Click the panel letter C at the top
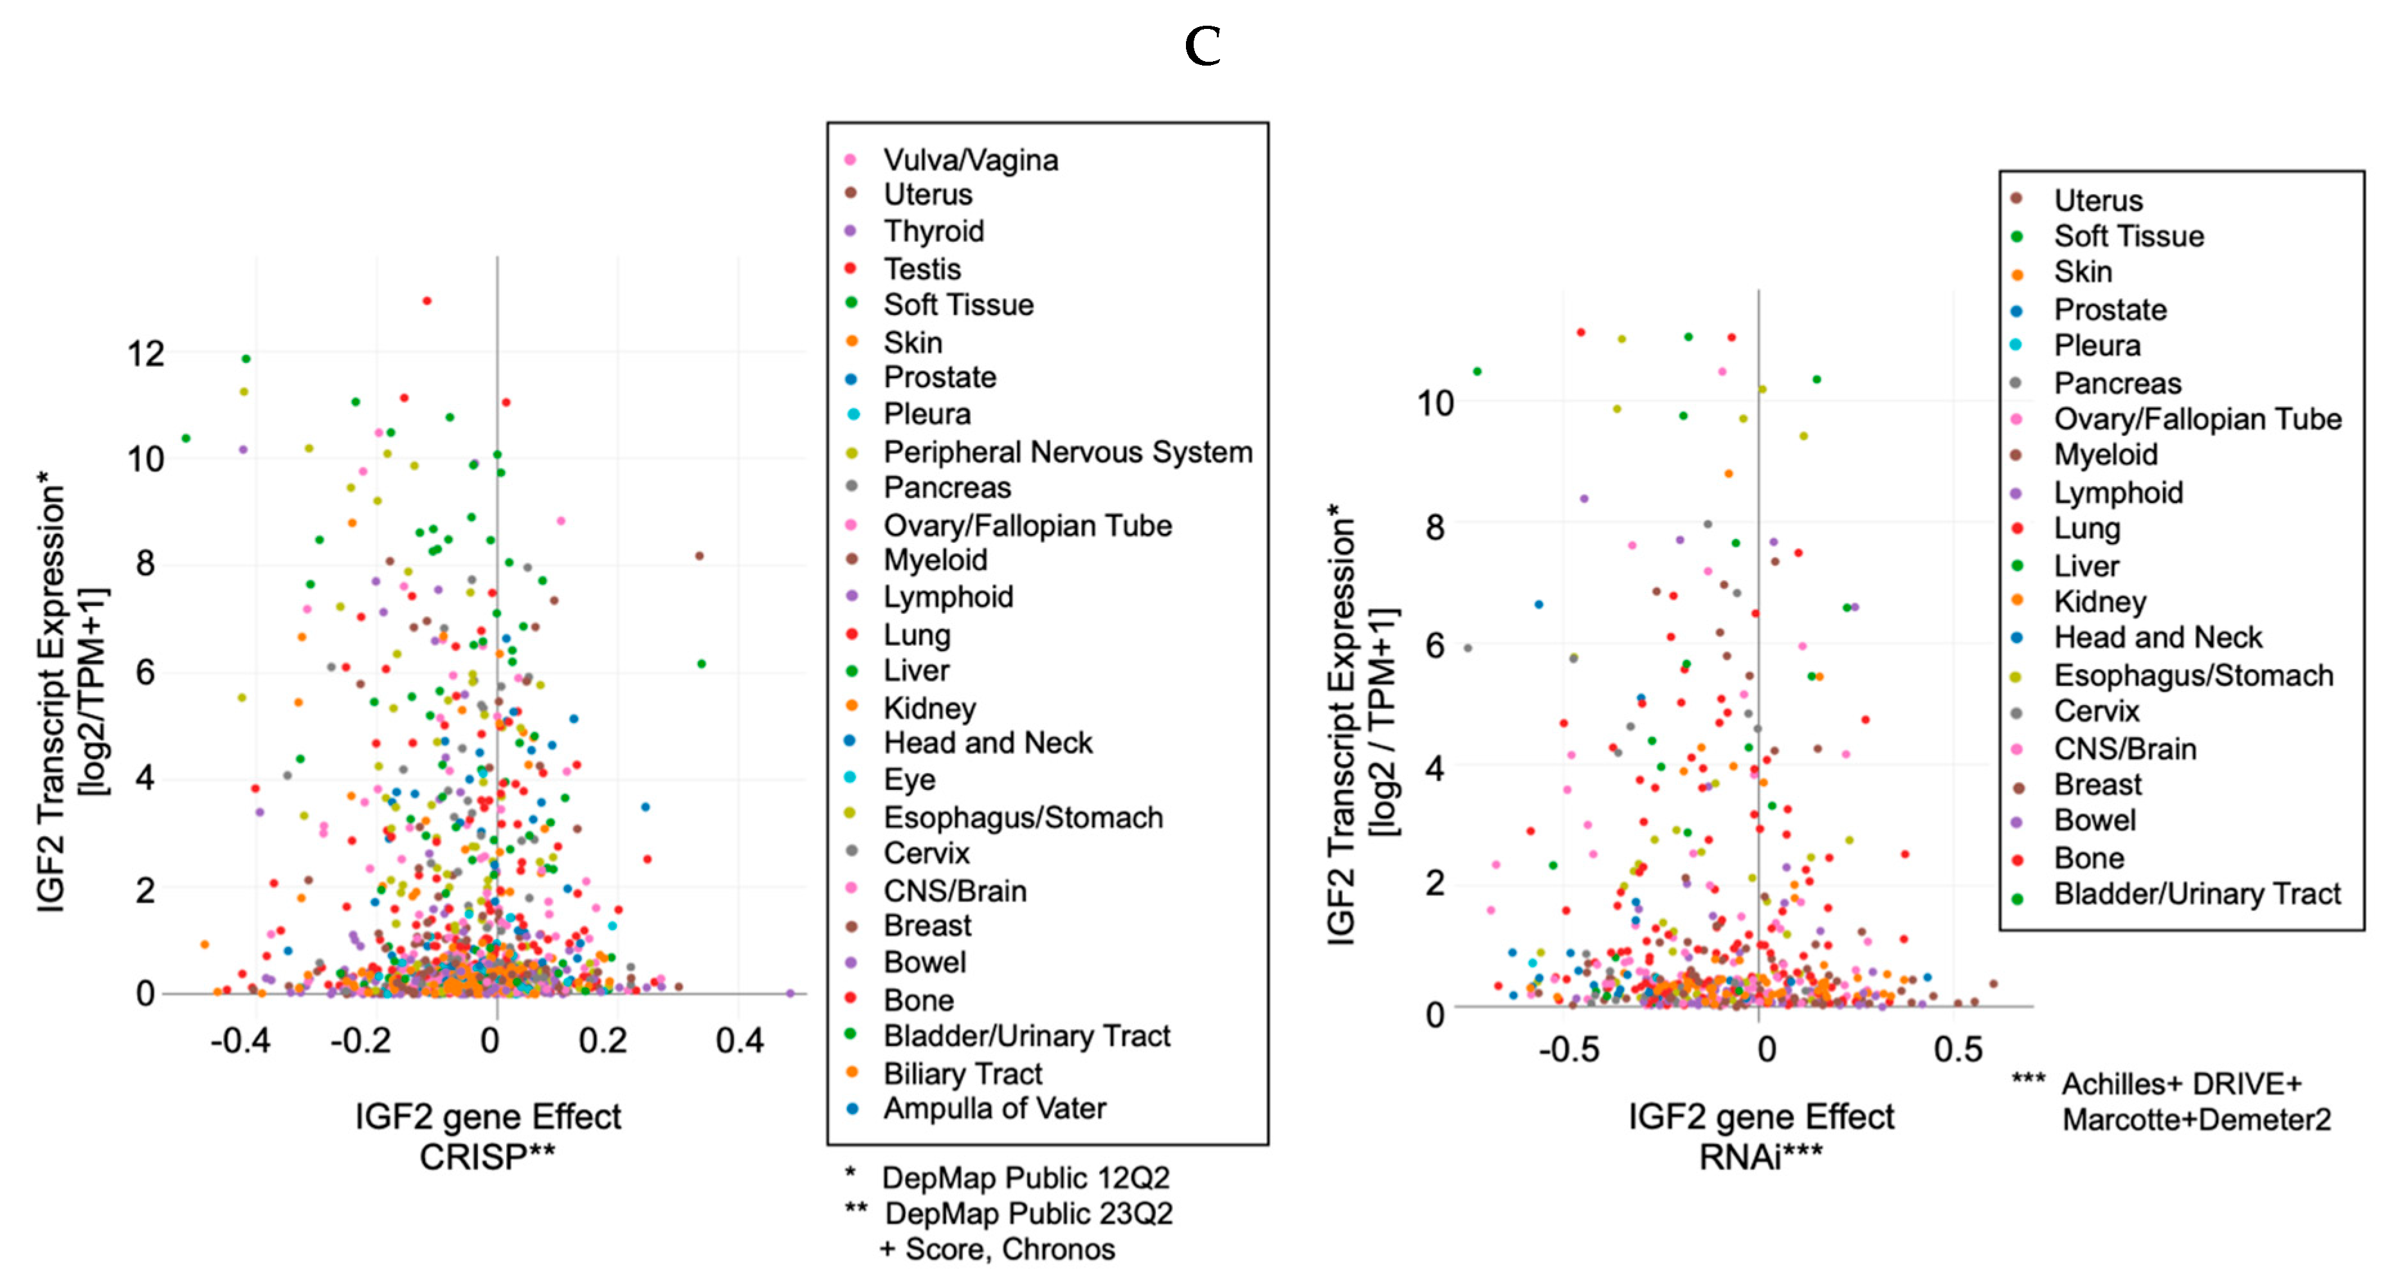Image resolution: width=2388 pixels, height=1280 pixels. tap(1202, 46)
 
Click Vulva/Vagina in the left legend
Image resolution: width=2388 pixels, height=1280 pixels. tap(970, 160)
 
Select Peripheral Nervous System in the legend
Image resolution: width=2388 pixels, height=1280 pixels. tap(1067, 452)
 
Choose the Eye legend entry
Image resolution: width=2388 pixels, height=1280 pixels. tap(909, 780)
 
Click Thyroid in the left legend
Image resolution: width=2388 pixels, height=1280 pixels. tap(933, 232)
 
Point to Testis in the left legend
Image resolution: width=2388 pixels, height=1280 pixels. tap(922, 269)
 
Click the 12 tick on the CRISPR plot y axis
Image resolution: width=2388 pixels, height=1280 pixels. tap(145, 354)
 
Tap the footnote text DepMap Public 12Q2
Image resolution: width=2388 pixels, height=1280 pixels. tap(1025, 1178)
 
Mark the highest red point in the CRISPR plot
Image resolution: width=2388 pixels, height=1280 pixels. tap(426, 301)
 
